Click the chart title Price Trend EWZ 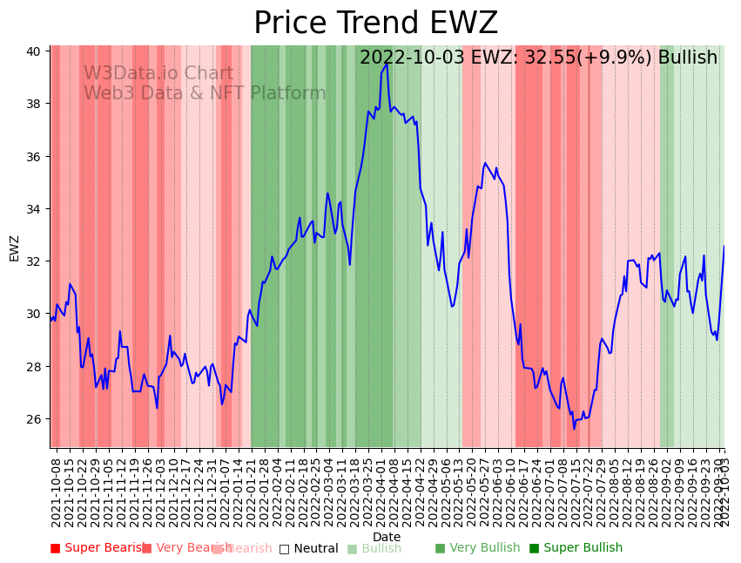pos(375,24)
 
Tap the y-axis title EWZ pos(14,248)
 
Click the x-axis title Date pos(387,537)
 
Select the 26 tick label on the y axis pos(33,419)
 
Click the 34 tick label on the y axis pos(33,209)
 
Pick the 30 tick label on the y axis pos(33,314)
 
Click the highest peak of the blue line pos(387,64)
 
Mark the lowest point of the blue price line pos(574,429)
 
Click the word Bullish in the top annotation pos(687,58)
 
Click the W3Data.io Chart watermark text pos(158,74)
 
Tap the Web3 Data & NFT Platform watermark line pos(205,93)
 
